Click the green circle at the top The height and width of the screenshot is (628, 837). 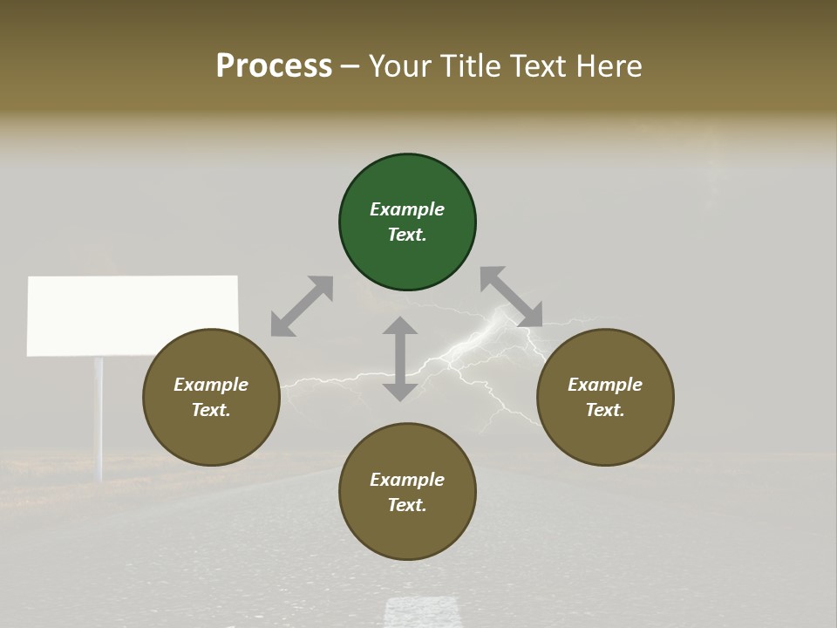407,222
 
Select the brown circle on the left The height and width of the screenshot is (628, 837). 211,397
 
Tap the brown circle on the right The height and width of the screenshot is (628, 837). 605,397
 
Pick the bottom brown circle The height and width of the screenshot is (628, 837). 407,492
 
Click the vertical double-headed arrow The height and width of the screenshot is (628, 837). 400,358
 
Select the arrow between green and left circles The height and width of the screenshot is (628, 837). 302,306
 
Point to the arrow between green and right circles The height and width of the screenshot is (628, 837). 511,297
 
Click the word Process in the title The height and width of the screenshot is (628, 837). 274,66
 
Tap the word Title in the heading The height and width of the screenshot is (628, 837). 471,66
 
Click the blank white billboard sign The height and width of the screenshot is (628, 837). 133,315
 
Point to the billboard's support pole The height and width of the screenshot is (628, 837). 99,419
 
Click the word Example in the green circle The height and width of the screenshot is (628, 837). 407,209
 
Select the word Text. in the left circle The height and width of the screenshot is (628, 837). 211,410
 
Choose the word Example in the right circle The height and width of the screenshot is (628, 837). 605,385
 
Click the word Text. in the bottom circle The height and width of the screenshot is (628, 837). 407,505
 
